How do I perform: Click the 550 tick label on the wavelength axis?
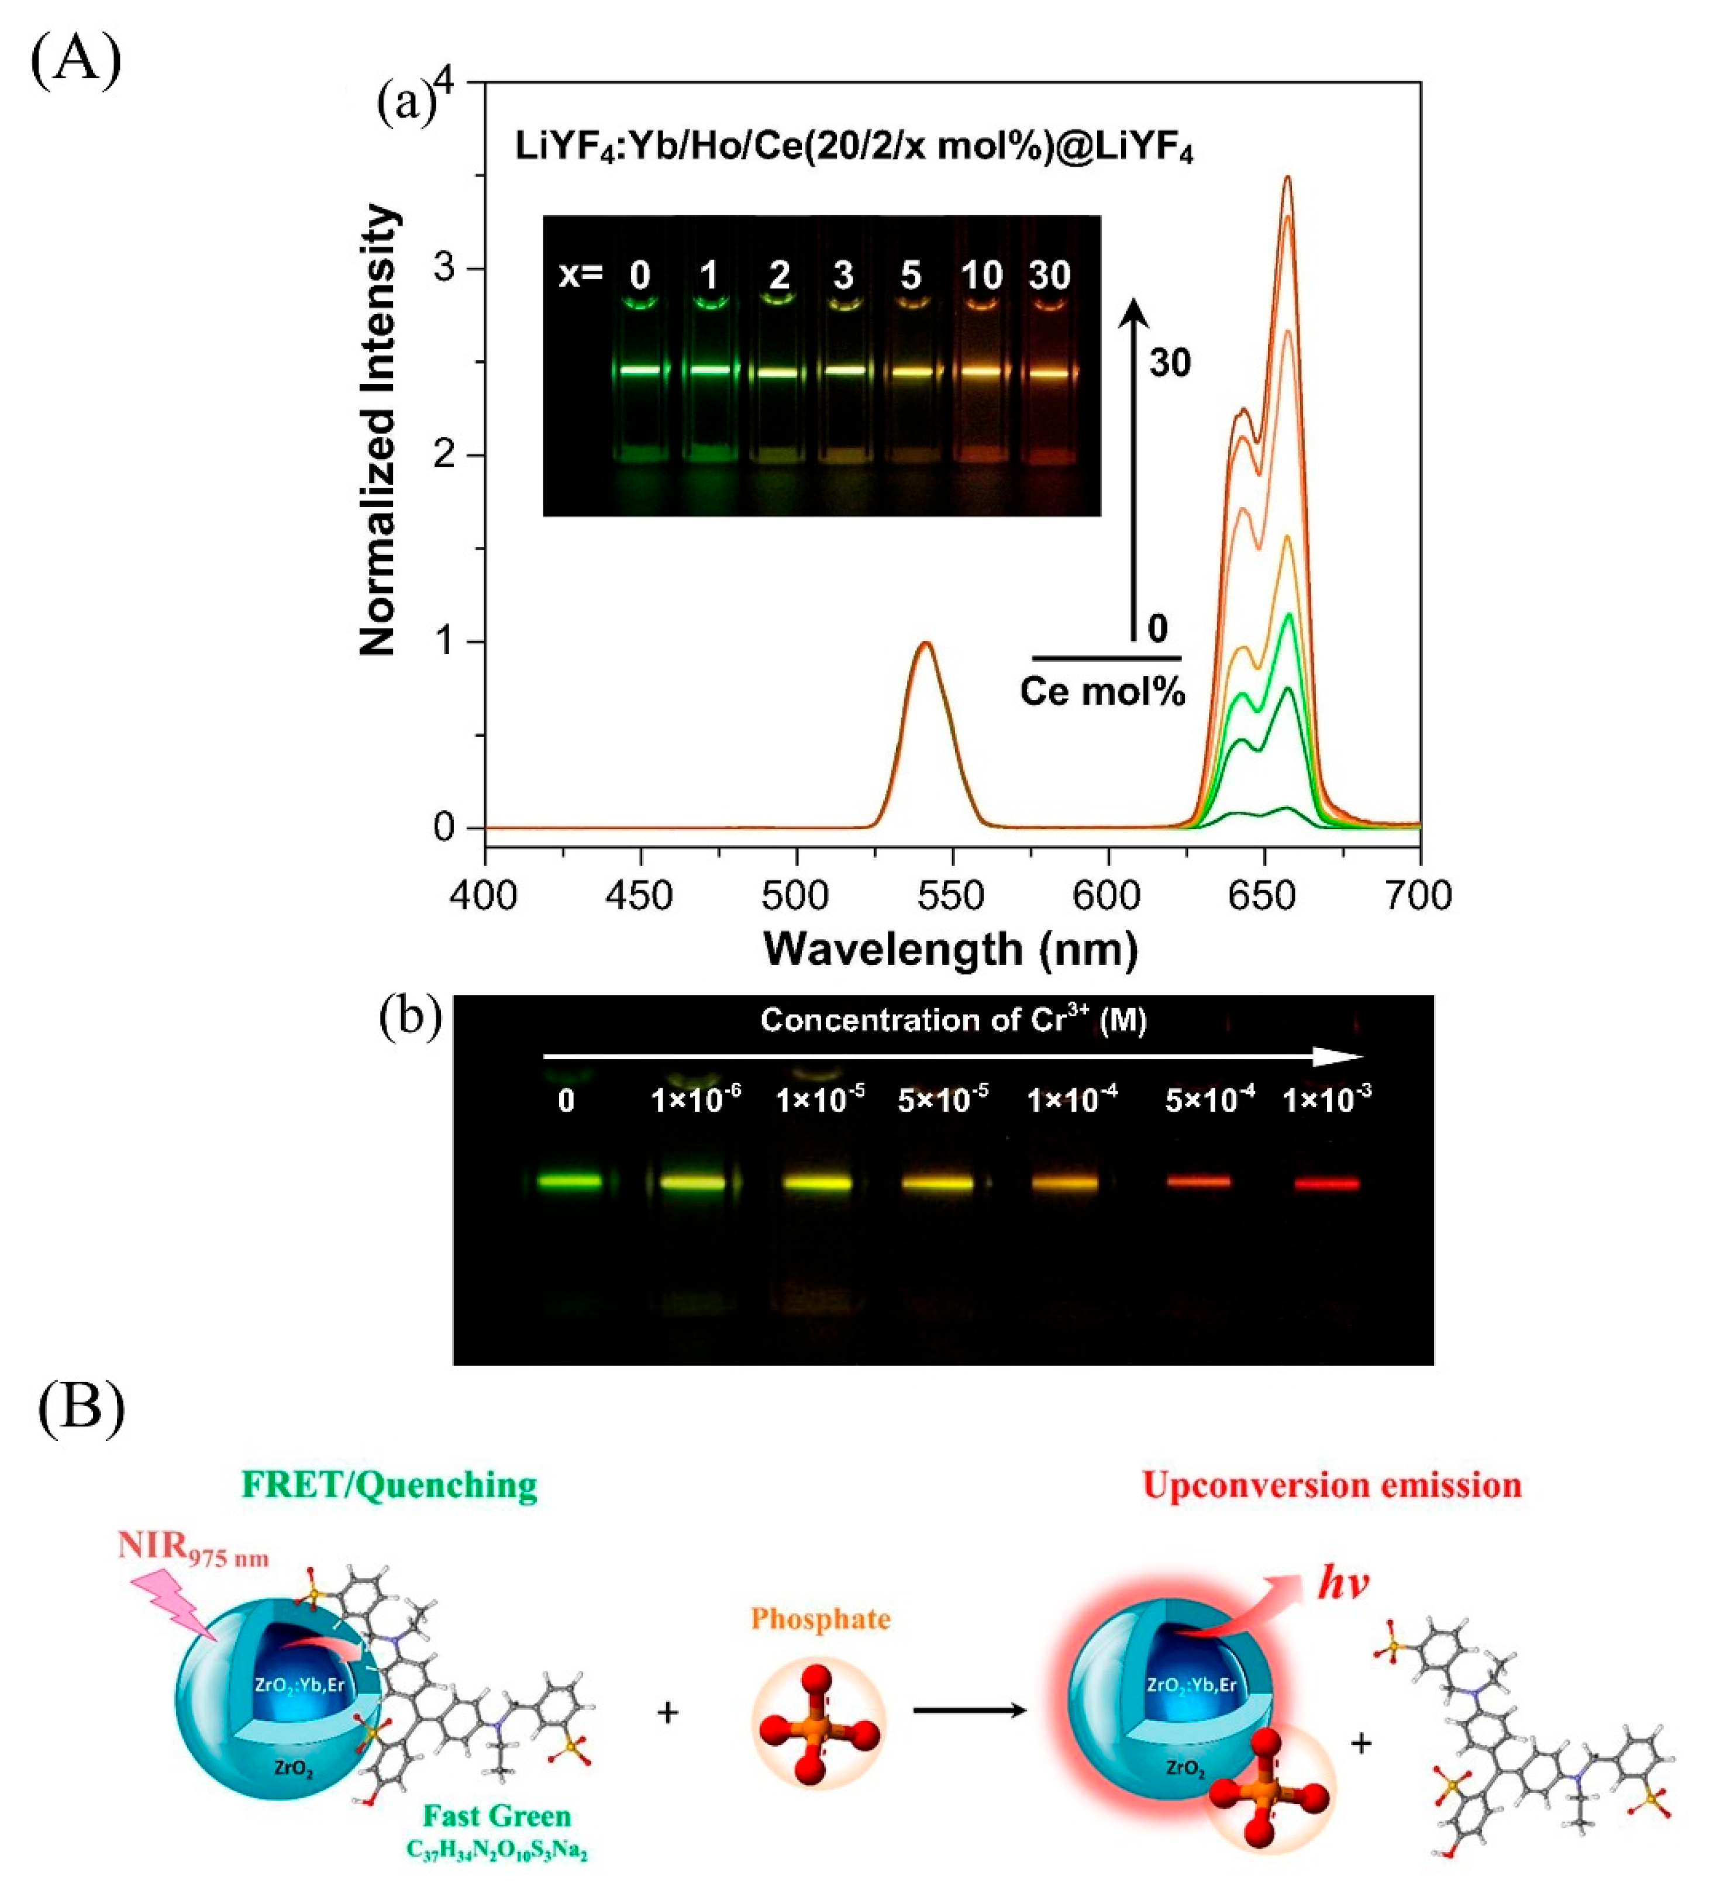point(953,894)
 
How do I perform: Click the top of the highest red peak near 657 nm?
point(1287,179)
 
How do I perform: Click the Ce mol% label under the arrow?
point(1102,692)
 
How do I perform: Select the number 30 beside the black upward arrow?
point(1170,363)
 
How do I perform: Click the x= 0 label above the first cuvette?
point(640,275)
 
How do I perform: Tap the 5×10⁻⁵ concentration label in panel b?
point(942,1100)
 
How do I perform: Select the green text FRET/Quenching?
point(390,1485)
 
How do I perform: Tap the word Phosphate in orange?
point(820,1619)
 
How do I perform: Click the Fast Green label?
point(497,1815)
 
